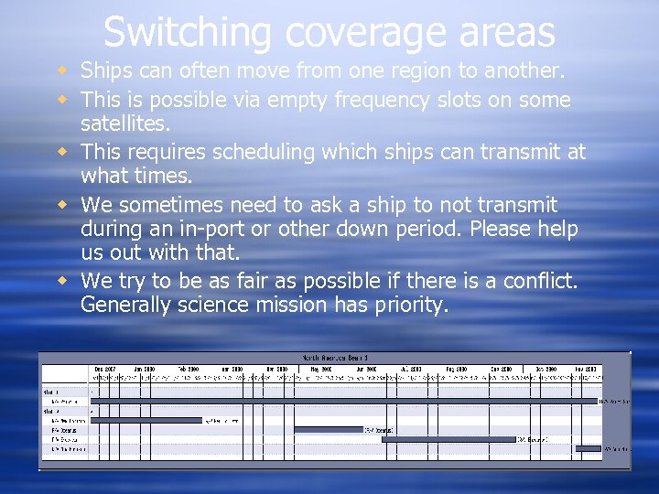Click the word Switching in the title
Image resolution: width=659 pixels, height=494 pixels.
[x=187, y=32]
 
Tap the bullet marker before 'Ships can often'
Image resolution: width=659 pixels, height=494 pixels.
[x=60, y=70]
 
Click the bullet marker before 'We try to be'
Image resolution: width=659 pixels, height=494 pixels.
[x=60, y=280]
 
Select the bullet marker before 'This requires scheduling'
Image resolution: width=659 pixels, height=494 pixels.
[x=60, y=152]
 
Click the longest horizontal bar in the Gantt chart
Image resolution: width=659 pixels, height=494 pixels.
[x=342, y=401]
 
